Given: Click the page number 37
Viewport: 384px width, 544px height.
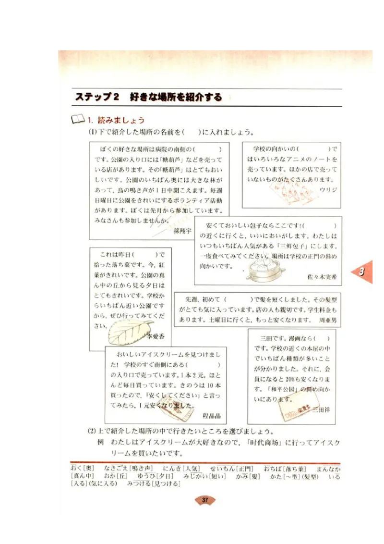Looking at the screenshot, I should tap(205, 500).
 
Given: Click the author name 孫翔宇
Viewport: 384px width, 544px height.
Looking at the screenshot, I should tap(182, 231).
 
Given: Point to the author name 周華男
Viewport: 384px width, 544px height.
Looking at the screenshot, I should tap(328, 319).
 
